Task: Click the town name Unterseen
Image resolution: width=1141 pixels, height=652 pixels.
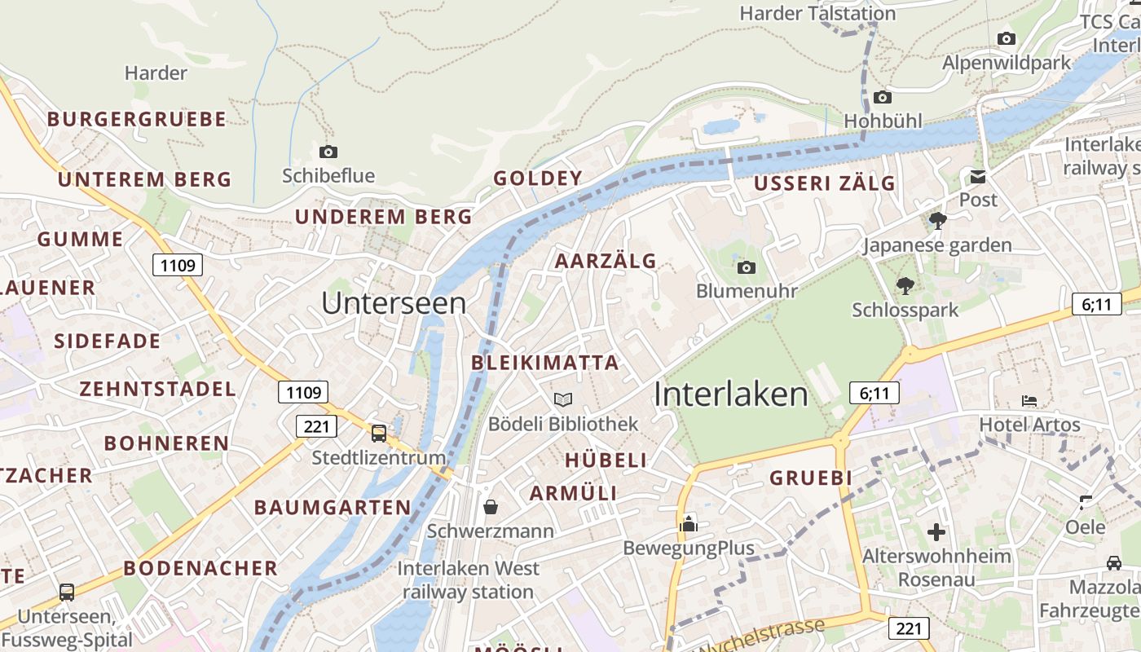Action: (394, 303)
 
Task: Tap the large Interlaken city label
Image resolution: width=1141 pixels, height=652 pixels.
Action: (731, 394)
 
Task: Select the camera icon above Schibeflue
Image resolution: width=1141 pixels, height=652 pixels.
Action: (328, 152)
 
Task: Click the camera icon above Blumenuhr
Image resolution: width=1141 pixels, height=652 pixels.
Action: (746, 267)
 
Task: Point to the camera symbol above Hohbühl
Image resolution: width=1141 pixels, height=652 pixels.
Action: (883, 98)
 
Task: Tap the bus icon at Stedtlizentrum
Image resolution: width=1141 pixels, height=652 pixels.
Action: (379, 433)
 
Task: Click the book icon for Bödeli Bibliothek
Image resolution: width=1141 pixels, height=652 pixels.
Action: (563, 399)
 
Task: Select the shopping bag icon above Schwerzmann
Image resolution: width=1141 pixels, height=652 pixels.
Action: (491, 507)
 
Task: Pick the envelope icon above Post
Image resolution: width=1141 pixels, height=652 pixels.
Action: (977, 176)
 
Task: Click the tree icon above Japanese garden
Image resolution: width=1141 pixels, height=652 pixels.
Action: (937, 220)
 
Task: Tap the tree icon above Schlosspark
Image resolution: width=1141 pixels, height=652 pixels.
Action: (905, 285)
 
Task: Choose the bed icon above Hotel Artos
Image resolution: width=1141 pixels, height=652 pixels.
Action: (1029, 401)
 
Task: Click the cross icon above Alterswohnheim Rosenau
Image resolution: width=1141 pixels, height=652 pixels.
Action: (936, 532)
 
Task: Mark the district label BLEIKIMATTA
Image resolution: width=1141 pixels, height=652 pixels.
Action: (545, 363)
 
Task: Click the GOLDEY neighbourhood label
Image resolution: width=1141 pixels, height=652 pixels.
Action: (538, 178)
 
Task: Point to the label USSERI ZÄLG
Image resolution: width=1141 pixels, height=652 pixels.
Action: (824, 183)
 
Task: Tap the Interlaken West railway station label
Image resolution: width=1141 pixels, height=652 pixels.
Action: (469, 579)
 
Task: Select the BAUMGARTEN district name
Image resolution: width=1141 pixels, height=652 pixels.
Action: (333, 507)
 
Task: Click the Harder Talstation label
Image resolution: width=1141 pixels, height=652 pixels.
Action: (817, 13)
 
